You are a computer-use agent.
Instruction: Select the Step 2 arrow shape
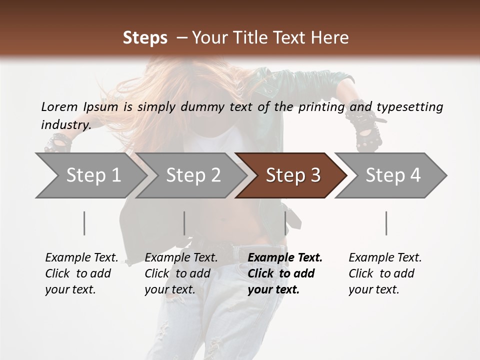click(193, 175)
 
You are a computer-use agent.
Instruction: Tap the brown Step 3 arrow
click(293, 175)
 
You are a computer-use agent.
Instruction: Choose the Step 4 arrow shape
click(393, 175)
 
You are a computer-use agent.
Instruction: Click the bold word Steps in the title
click(145, 37)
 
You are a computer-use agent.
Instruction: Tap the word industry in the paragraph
click(65, 125)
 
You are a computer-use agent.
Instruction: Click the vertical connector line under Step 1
click(84, 223)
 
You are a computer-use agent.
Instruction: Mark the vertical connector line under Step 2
click(184, 223)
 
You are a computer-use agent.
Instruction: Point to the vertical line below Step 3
click(285, 223)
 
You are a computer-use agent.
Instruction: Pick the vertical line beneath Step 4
click(386, 223)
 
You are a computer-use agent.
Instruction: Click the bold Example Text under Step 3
click(285, 257)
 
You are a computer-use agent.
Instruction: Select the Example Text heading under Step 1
click(81, 257)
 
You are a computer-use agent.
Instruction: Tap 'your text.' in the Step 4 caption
click(373, 289)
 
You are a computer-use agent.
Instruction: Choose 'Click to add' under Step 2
click(177, 273)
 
